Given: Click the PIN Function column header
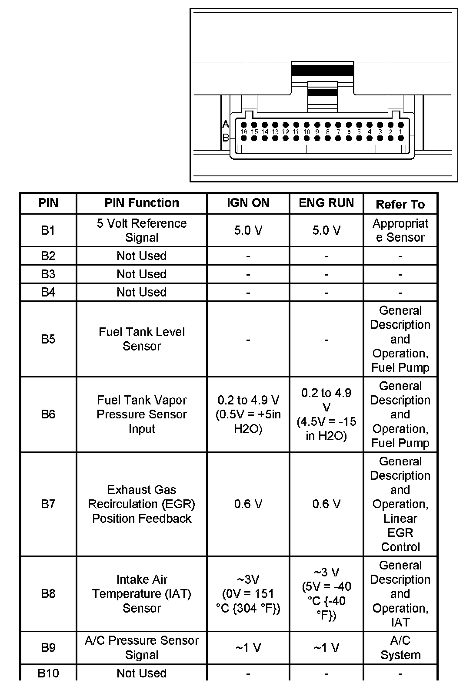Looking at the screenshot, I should pyautogui.click(x=142, y=203).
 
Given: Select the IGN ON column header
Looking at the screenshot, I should pyautogui.click(x=248, y=203).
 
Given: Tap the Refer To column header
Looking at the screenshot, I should pyautogui.click(x=400, y=204).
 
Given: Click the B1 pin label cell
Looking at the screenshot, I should pyautogui.click(x=48, y=230).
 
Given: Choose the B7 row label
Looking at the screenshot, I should pyautogui.click(x=48, y=504).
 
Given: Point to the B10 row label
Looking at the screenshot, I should pyautogui.click(x=48, y=673).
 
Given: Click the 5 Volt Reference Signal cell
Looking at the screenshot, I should pyautogui.click(x=142, y=230).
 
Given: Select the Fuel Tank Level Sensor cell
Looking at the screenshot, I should pyautogui.click(x=142, y=339).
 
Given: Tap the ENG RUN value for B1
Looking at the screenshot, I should pyautogui.click(x=326, y=230).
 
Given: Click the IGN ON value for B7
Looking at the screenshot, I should pyautogui.click(x=248, y=504).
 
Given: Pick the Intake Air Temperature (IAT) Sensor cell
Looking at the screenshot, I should pyautogui.click(x=142, y=594).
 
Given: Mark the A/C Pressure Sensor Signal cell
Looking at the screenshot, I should pyautogui.click(x=142, y=648).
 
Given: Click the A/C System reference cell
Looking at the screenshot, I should pyautogui.click(x=400, y=648).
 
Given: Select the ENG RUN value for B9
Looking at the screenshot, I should pyautogui.click(x=326, y=648).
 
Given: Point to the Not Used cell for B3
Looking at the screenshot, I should pyautogui.click(x=142, y=274).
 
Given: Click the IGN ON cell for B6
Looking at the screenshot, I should pyautogui.click(x=248, y=414).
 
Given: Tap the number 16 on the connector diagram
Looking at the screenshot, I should pyautogui.click(x=243, y=131).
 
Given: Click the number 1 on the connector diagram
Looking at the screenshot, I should pyautogui.click(x=401, y=131).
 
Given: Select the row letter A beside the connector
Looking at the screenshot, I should pyautogui.click(x=225, y=125).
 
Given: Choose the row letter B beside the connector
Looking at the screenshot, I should pyautogui.click(x=225, y=138).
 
